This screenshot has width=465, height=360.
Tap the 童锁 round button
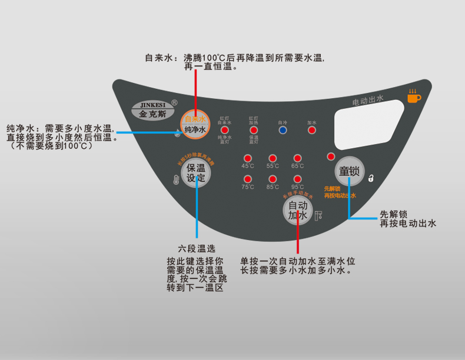pyautogui.click(x=349, y=171)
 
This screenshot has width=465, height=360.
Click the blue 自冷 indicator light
pyautogui.click(x=283, y=130)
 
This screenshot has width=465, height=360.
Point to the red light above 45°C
pyautogui.click(x=248, y=158)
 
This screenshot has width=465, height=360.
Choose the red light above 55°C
pyautogui.click(x=273, y=158)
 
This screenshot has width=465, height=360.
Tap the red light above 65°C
pyautogui.click(x=297, y=158)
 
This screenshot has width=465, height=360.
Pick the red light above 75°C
pyautogui.click(x=248, y=179)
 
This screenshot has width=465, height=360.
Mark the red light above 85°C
pyautogui.click(x=273, y=179)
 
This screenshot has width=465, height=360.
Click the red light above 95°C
pyautogui.click(x=297, y=179)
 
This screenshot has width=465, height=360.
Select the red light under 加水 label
pyautogui.click(x=312, y=130)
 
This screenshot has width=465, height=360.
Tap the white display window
pyautogui.click(x=368, y=125)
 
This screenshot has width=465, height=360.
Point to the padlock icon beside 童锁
pyautogui.click(x=371, y=178)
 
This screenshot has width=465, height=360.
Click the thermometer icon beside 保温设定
pyautogui.click(x=175, y=181)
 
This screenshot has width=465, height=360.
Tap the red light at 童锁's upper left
pyautogui.click(x=331, y=156)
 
